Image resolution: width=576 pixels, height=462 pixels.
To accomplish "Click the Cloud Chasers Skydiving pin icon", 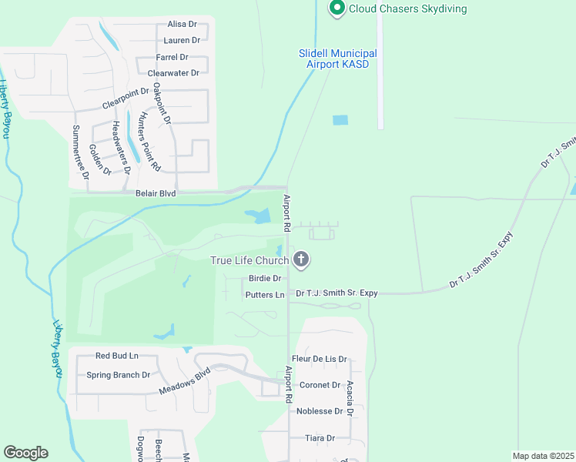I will point(337,8).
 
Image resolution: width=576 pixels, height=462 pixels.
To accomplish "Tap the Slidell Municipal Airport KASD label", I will point(338,59).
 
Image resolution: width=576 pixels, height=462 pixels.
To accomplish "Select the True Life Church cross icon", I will point(302,260).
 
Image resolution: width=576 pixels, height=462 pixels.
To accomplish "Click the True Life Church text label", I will point(249,260).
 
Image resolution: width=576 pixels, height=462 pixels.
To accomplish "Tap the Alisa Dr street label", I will point(183,25).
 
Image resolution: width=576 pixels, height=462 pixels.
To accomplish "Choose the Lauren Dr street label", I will point(182,40).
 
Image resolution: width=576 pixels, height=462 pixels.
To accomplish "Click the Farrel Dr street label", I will point(172,57).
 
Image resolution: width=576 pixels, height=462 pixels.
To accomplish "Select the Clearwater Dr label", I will point(173,73).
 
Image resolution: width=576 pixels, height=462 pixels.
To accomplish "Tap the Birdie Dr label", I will point(265,279).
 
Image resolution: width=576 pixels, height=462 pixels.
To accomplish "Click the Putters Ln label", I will point(265,295).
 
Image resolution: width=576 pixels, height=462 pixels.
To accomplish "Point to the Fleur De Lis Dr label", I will point(320,359).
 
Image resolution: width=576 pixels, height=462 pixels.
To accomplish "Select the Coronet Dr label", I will point(320,385).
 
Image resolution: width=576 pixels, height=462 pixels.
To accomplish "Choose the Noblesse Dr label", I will point(320,411).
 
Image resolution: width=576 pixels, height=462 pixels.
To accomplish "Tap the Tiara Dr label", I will point(320,438).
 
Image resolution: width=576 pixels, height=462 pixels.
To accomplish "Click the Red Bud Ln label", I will point(116,356).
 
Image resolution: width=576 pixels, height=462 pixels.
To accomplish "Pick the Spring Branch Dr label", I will point(118,375).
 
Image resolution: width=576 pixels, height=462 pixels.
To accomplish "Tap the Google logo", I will point(25,453).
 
